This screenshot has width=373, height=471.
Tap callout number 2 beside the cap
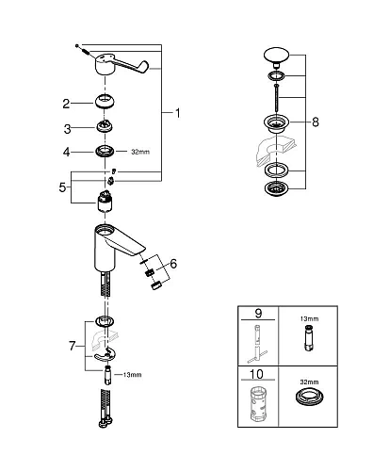[67, 104]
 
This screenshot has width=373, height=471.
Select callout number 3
[67, 128]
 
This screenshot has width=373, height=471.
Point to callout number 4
[67, 151]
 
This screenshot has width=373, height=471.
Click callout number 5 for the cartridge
[63, 187]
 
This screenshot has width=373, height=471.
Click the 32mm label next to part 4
[140, 151]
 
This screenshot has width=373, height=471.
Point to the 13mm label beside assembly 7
[132, 376]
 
